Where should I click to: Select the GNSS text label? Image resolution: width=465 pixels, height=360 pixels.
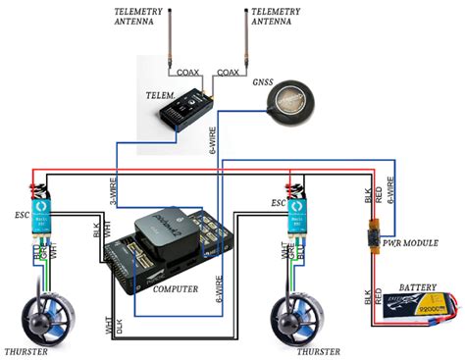[x=264, y=81]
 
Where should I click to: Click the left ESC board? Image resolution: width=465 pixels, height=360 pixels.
[x=40, y=218]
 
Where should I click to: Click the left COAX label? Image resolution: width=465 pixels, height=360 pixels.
[x=188, y=72]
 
